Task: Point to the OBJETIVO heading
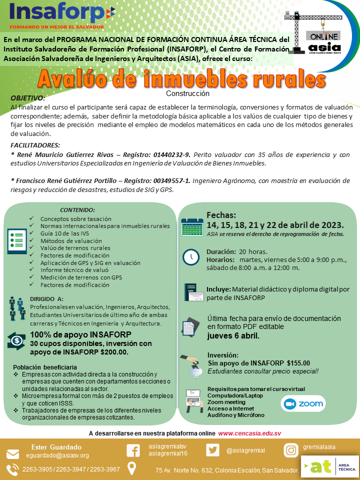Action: (x=28, y=98)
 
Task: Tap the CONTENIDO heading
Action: (x=77, y=210)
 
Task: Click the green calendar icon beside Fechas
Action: (x=191, y=226)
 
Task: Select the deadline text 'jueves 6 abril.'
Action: (x=233, y=335)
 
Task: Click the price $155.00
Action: (x=298, y=363)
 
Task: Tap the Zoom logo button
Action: (x=303, y=404)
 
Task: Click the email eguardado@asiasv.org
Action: (x=57, y=455)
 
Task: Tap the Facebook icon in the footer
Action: (x=133, y=450)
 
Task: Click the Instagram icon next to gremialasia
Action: (x=290, y=450)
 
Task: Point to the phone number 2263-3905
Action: (x=36, y=469)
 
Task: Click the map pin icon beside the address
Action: (x=132, y=468)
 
